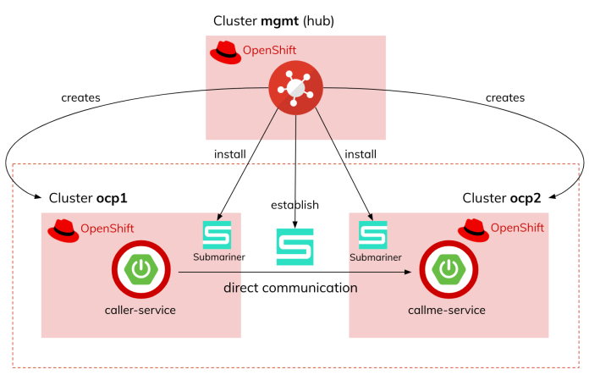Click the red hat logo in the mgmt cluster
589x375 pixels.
tap(225, 52)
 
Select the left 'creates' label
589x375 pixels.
tap(81, 97)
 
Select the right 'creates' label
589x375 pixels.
tap(505, 97)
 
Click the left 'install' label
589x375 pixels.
tap(229, 154)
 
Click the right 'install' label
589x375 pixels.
tap(362, 154)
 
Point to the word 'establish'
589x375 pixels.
tap(294, 205)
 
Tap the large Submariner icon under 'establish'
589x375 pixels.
tap(294, 246)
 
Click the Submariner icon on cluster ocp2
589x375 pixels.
tap(372, 234)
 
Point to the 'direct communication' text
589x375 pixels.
tap(290, 288)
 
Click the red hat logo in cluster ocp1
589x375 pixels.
tap(63, 229)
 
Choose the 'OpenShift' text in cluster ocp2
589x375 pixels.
tap(518, 228)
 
